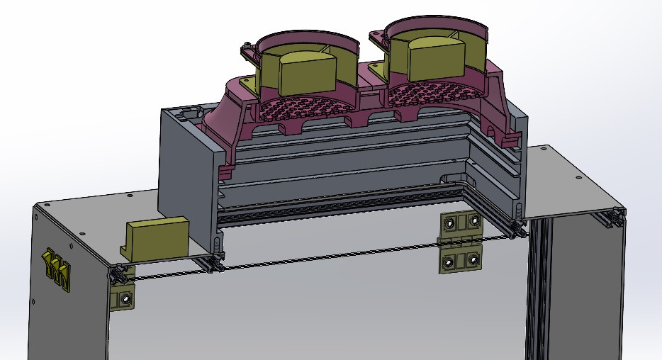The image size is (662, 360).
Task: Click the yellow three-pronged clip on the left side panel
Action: (57, 270)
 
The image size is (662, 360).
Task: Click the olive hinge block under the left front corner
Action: (123, 298)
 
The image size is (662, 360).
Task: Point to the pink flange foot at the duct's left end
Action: (226, 170)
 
